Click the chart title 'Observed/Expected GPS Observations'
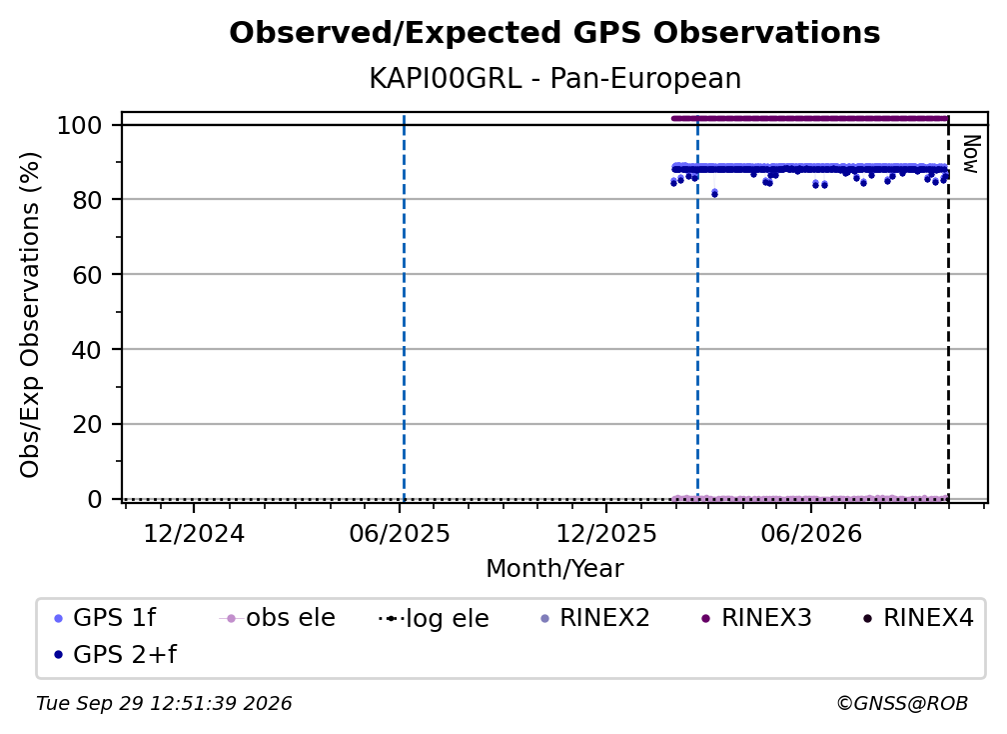pyautogui.click(x=554, y=33)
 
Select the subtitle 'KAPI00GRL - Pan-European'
pyautogui.click(x=554, y=79)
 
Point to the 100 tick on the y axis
pyautogui.click(x=80, y=125)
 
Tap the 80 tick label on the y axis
pyautogui.click(x=87, y=200)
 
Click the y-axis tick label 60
pyautogui.click(x=87, y=275)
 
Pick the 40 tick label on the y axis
pyautogui.click(x=87, y=350)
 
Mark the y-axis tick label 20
pyautogui.click(x=87, y=424)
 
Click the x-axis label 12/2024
pyautogui.click(x=194, y=534)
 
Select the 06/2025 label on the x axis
pyautogui.click(x=400, y=534)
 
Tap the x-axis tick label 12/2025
pyautogui.click(x=606, y=534)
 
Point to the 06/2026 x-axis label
pyautogui.click(x=811, y=534)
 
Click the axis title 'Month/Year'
pyautogui.click(x=554, y=569)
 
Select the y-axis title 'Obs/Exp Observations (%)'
pyautogui.click(x=30, y=315)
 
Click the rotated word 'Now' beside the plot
pyautogui.click(x=971, y=154)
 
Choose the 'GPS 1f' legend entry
pyautogui.click(x=105, y=618)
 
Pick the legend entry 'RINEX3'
pyautogui.click(x=756, y=618)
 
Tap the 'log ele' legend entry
pyautogui.click(x=435, y=618)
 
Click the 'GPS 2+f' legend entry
pyautogui.click(x=116, y=655)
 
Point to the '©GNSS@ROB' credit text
pyautogui.click(x=902, y=704)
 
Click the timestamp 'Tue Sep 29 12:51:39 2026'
pyautogui.click(x=164, y=704)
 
